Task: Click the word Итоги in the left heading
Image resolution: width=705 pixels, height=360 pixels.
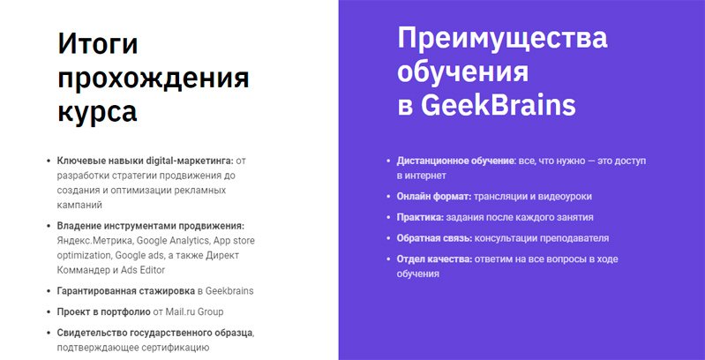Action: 98,45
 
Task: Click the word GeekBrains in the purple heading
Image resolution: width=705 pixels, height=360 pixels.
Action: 499,105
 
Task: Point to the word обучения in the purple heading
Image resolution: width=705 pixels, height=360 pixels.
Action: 462,72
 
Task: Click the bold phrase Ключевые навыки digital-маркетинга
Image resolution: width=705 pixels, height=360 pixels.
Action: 146,161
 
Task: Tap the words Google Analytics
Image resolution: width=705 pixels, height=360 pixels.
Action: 173,241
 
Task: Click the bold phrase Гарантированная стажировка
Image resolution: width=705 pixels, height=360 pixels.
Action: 126,291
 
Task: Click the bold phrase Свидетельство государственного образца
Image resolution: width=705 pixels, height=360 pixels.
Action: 155,333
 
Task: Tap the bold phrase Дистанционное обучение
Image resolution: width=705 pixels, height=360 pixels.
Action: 456,161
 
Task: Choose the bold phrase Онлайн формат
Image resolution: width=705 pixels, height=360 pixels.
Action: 434,197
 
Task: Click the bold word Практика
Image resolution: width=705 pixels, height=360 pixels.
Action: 420,217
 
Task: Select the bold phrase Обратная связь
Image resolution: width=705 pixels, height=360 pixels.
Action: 434,238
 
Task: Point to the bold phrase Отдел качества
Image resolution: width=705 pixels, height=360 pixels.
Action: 434,259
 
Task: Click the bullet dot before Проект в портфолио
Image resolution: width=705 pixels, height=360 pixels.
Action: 49,311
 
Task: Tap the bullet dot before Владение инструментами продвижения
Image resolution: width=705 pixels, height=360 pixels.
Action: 49,226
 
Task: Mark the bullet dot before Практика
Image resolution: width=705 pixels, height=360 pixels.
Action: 388,217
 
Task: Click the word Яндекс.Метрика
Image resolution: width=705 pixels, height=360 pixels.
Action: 94,241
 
